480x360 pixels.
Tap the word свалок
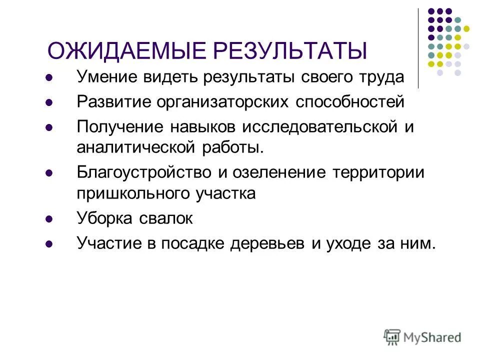click(168, 218)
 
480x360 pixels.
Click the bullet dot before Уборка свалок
click(49, 219)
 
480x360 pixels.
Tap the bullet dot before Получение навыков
click(49, 127)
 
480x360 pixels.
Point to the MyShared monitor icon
click(392, 337)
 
